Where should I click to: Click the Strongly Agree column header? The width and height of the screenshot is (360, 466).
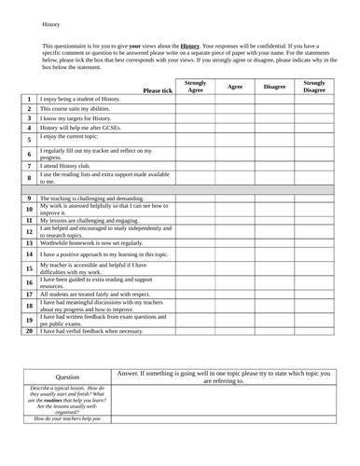click(195, 86)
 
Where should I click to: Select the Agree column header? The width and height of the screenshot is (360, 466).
click(236, 86)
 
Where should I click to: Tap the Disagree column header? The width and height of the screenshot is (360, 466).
click(274, 86)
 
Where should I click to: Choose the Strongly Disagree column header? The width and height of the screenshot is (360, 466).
click(314, 86)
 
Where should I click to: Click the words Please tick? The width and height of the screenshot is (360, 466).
click(158, 90)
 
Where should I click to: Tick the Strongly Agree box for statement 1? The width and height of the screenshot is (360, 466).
click(195, 99)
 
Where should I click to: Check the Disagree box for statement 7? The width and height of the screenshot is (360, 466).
click(274, 165)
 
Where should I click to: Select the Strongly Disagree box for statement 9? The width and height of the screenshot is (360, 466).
click(314, 199)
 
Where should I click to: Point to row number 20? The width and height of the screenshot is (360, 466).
click(29, 331)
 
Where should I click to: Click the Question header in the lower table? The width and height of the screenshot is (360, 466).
click(67, 376)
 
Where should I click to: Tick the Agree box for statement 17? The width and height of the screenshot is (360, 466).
click(236, 294)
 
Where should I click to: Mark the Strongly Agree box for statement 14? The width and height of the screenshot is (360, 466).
click(195, 254)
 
